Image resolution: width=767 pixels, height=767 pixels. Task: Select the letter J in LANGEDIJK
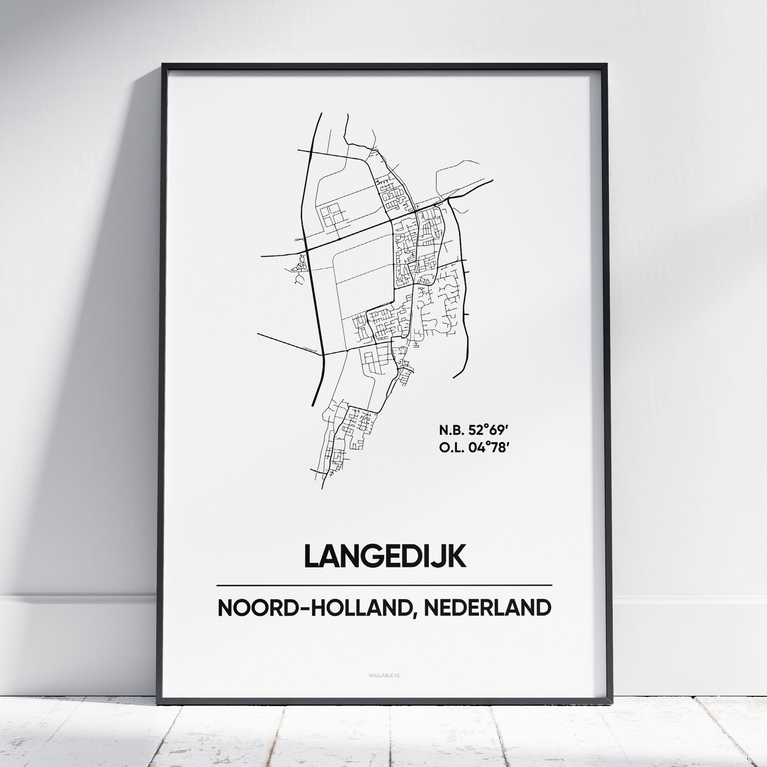(x=442, y=557)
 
